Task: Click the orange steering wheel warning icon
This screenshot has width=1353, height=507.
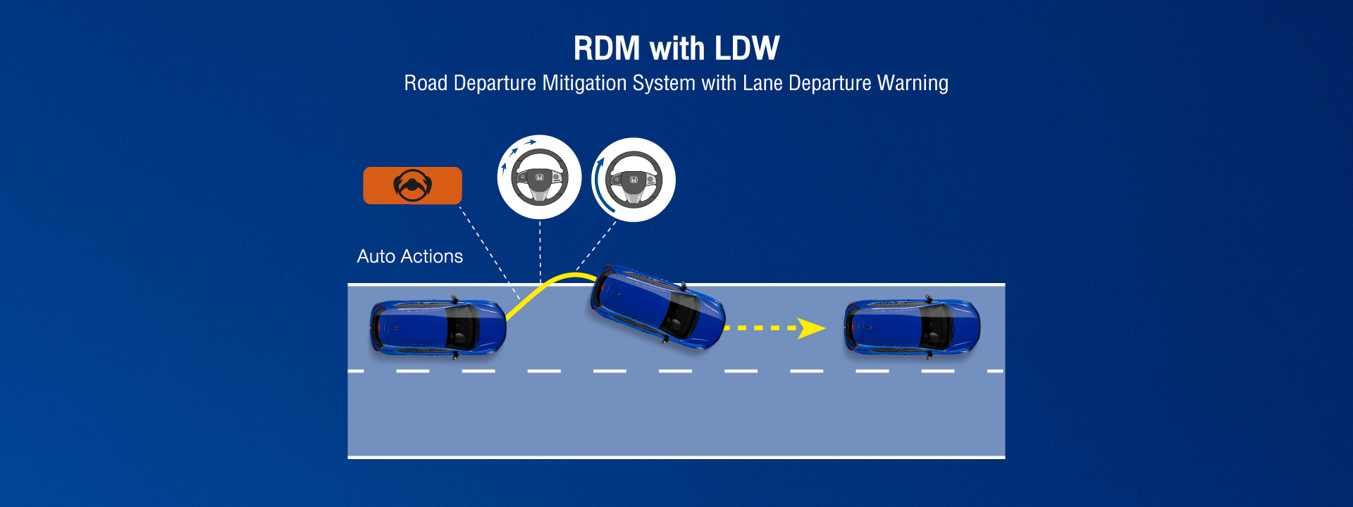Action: (x=412, y=185)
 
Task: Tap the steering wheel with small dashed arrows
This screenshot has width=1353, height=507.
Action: (x=539, y=177)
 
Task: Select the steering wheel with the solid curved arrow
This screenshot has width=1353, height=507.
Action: (x=633, y=180)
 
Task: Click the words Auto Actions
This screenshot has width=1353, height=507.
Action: (x=409, y=256)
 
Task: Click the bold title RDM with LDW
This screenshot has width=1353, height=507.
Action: (x=676, y=49)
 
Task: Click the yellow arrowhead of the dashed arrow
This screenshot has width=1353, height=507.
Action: (x=811, y=328)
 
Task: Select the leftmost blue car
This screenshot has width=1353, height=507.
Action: (x=438, y=327)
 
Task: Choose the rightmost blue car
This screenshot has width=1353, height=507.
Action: (x=912, y=327)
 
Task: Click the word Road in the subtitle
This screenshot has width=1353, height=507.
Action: (x=426, y=83)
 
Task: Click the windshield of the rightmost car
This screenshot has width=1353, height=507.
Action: (x=934, y=327)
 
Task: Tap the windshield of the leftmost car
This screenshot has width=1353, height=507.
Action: (x=461, y=327)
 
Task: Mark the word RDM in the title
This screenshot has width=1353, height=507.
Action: (x=607, y=49)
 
